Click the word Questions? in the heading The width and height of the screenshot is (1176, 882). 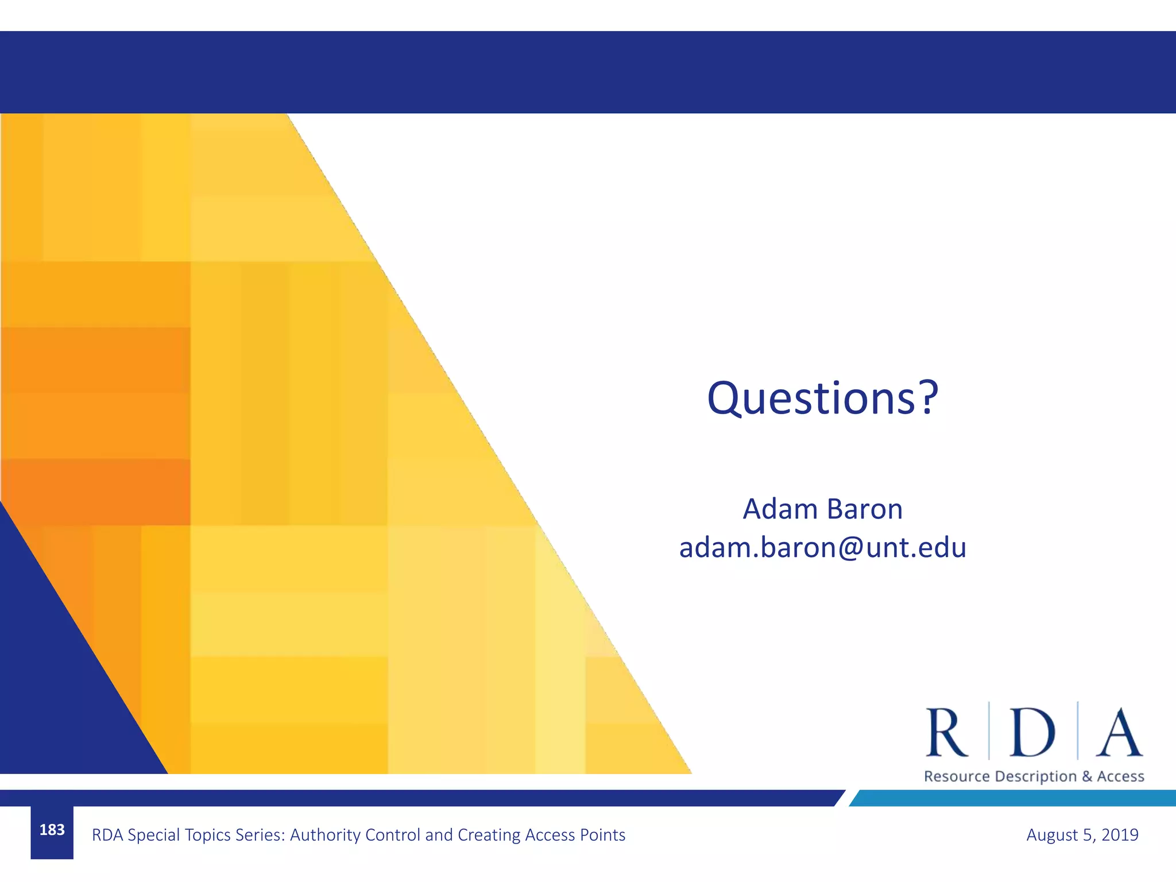822,398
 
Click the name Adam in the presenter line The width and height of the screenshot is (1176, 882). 780,509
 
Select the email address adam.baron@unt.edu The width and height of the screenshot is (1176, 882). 822,547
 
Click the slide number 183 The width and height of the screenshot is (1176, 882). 52,830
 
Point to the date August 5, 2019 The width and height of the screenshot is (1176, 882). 1082,835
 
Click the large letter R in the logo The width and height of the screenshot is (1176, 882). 946,733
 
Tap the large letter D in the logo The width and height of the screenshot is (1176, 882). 1032,733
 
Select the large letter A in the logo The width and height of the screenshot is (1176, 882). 1119,733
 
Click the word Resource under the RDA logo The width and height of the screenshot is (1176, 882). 957,777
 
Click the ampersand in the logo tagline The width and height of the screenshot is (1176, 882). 1087,777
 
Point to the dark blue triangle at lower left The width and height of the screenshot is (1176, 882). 52,689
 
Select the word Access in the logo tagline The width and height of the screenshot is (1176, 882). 1121,777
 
